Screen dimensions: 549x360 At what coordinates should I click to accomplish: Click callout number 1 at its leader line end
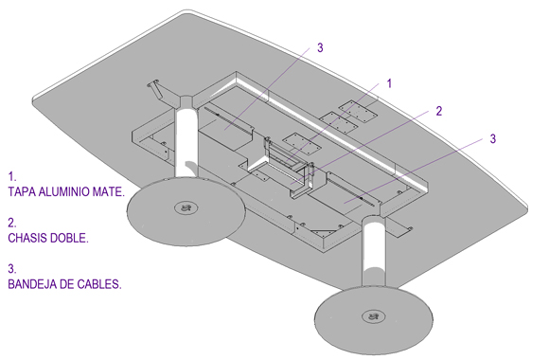(x=389, y=83)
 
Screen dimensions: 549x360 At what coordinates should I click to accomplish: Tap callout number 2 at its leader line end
(x=438, y=111)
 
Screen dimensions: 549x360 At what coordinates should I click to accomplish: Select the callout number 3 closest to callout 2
(x=492, y=138)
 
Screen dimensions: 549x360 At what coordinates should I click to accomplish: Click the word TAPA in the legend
(x=22, y=191)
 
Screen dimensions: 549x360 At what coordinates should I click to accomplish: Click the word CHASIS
(x=28, y=238)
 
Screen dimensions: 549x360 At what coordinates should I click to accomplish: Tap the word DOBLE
(x=69, y=238)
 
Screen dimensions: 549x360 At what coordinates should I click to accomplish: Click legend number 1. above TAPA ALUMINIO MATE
(x=12, y=176)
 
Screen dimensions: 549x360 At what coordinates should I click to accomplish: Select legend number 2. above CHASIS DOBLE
(x=12, y=223)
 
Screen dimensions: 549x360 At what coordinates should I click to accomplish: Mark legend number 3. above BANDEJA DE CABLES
(x=12, y=269)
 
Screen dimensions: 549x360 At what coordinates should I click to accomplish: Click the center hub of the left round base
(x=186, y=208)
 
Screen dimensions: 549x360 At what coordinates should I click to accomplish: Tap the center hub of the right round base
(x=373, y=316)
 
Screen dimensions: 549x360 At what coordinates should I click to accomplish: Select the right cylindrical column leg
(x=374, y=253)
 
